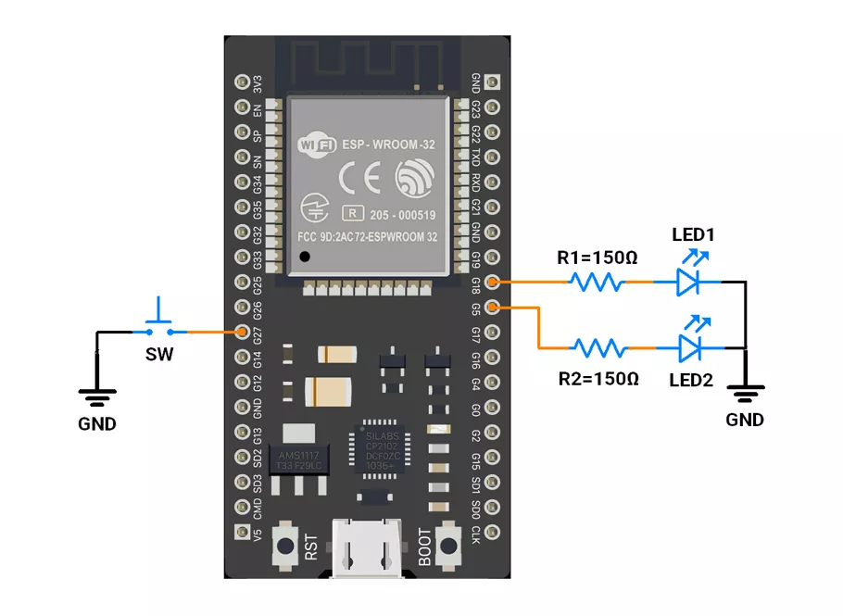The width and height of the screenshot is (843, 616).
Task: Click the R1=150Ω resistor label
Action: coord(597,257)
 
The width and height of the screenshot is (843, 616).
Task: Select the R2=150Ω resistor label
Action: coord(598,379)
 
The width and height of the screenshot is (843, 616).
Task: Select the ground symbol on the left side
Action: coord(96,396)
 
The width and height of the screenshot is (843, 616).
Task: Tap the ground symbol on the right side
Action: coord(745,393)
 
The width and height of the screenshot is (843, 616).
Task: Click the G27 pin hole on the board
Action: coord(244,332)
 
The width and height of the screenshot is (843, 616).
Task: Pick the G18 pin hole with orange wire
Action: coord(493,282)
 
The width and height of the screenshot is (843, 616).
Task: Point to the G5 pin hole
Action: coord(493,307)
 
